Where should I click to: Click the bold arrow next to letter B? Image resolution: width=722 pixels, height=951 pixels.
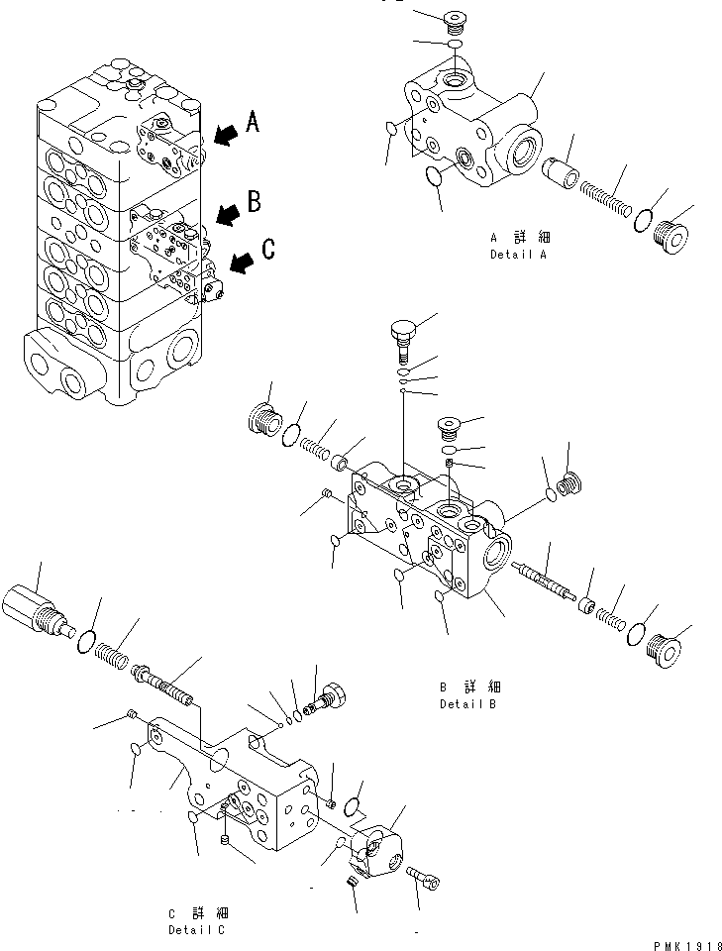pos(226,212)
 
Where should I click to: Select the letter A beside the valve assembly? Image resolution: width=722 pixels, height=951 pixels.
pos(253,122)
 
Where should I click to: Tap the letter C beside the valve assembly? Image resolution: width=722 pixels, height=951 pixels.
pos(267,249)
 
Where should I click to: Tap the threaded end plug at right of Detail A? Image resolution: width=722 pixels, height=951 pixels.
pos(672,238)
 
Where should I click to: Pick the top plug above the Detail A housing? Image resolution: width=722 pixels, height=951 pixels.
pos(456,21)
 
